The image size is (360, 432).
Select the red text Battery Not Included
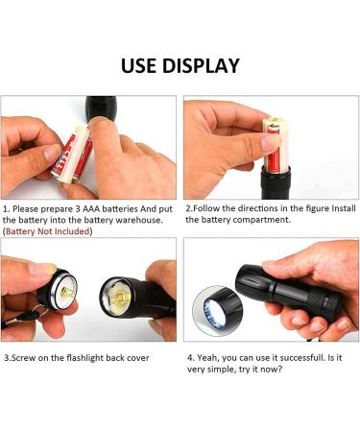[x=48, y=231]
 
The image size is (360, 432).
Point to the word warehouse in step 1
[x=140, y=220]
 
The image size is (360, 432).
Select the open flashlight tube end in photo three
[x=119, y=296]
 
